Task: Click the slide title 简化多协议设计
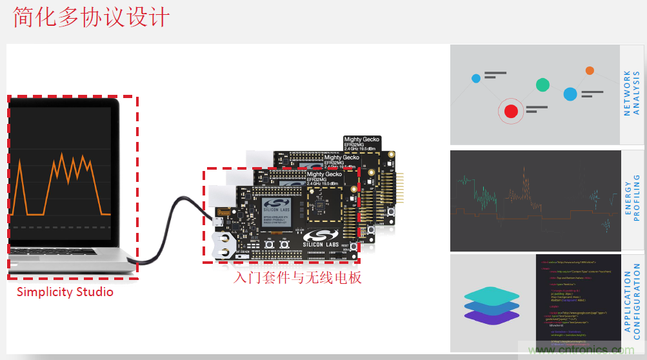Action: [x=92, y=17]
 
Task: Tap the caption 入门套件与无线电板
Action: [x=297, y=278]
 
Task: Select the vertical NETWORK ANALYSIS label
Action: [x=632, y=94]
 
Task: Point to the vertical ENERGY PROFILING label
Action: [x=632, y=200]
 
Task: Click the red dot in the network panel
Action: [x=512, y=111]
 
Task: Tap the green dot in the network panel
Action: [x=542, y=85]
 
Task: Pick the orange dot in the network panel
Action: [x=590, y=70]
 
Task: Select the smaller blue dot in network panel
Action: [x=476, y=78]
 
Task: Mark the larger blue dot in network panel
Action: [x=570, y=94]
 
